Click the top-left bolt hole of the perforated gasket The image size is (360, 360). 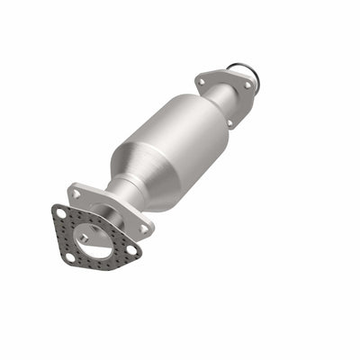click(62, 213)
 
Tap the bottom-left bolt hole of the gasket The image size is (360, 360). click(70, 257)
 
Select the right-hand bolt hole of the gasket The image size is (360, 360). click(131, 249)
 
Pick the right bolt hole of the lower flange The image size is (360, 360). click(143, 229)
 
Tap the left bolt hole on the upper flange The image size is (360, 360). click(201, 82)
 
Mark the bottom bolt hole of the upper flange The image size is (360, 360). click(229, 123)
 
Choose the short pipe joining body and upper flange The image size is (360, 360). click(215, 99)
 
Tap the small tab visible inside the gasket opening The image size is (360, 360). click(85, 239)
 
